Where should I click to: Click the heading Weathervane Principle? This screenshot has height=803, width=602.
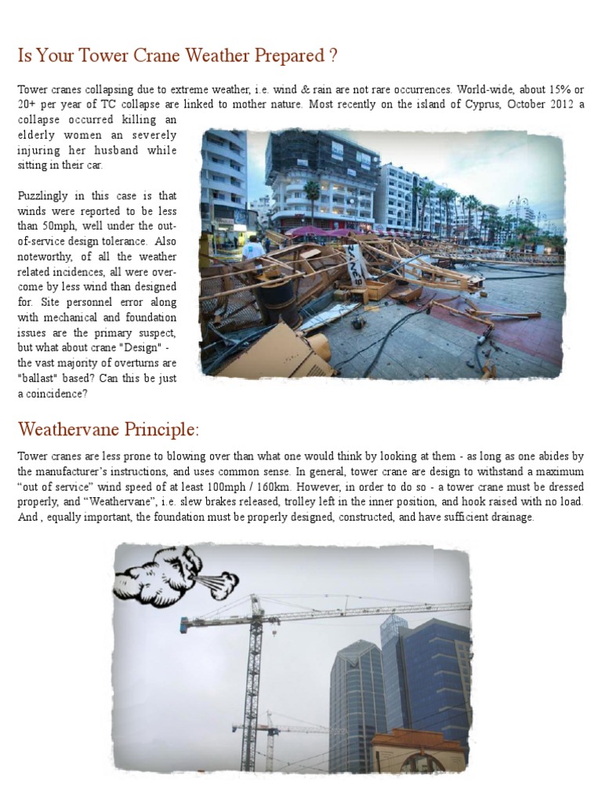[x=108, y=430]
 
